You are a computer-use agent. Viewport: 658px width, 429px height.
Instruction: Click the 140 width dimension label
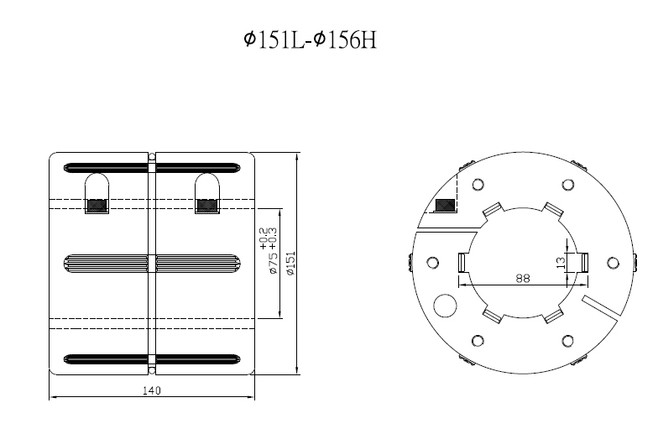(152, 390)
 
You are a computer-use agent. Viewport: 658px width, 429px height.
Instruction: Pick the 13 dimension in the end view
(561, 262)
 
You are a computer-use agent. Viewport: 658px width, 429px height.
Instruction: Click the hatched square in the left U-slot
(97, 204)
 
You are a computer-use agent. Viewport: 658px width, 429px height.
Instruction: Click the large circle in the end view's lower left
(444, 305)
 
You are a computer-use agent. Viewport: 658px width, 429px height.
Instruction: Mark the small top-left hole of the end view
(478, 185)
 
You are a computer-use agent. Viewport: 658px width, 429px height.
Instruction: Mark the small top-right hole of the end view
(568, 185)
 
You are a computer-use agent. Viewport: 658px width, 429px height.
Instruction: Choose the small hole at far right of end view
(613, 262)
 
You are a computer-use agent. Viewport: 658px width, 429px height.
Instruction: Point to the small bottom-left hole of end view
(478, 340)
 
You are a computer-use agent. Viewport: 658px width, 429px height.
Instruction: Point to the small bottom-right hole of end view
(568, 340)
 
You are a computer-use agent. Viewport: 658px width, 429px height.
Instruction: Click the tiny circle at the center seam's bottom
(151, 369)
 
